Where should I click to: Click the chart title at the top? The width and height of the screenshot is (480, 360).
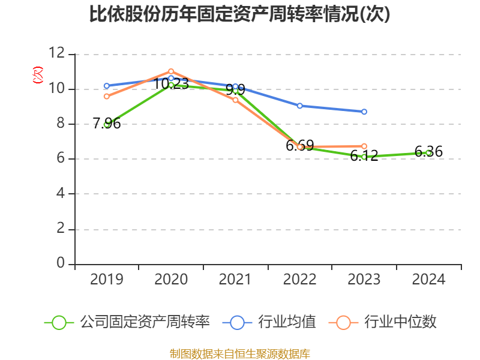[x=240, y=14]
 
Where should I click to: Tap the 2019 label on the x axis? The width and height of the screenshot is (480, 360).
[x=107, y=280]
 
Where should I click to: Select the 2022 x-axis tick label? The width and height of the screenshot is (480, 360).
[x=299, y=280]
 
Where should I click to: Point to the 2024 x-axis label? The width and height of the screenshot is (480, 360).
[x=428, y=280]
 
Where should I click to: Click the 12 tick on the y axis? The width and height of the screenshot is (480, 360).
[x=58, y=54]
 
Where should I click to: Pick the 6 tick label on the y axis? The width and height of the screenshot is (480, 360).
[x=61, y=159]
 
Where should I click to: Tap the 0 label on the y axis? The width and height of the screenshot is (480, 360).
[x=61, y=264]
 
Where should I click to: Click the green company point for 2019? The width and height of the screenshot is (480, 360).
[x=107, y=124]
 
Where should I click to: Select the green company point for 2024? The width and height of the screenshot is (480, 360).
[x=428, y=152]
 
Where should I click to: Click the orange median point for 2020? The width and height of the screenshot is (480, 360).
[x=171, y=71]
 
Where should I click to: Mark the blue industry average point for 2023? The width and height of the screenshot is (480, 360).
[x=364, y=112]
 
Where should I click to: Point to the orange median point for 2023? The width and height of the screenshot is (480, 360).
[x=364, y=146]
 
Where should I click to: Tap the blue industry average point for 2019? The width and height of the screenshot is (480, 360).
[x=107, y=86]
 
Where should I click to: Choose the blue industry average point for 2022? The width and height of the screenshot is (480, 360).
[x=299, y=106]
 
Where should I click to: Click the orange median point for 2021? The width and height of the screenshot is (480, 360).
[x=235, y=100]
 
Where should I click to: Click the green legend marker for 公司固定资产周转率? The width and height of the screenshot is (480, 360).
[x=59, y=322]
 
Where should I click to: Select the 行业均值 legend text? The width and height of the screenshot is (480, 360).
[x=287, y=322]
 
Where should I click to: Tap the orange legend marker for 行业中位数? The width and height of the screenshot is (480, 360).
[x=343, y=322]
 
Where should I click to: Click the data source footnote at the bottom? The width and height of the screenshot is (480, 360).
[x=240, y=353]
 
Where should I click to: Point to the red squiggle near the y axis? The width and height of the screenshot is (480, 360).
[x=38, y=75]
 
